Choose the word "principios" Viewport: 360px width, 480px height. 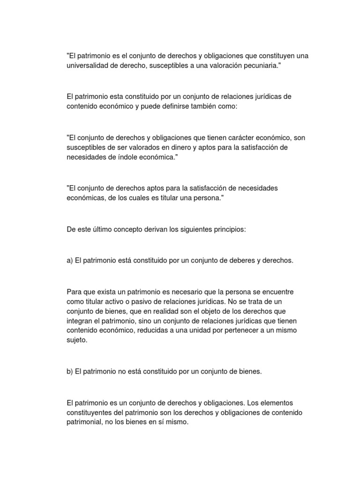(x=230, y=229)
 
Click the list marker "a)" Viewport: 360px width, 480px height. (x=70, y=260)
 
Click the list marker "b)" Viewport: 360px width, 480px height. (x=70, y=372)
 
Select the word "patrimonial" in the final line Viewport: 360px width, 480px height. (x=85, y=422)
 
